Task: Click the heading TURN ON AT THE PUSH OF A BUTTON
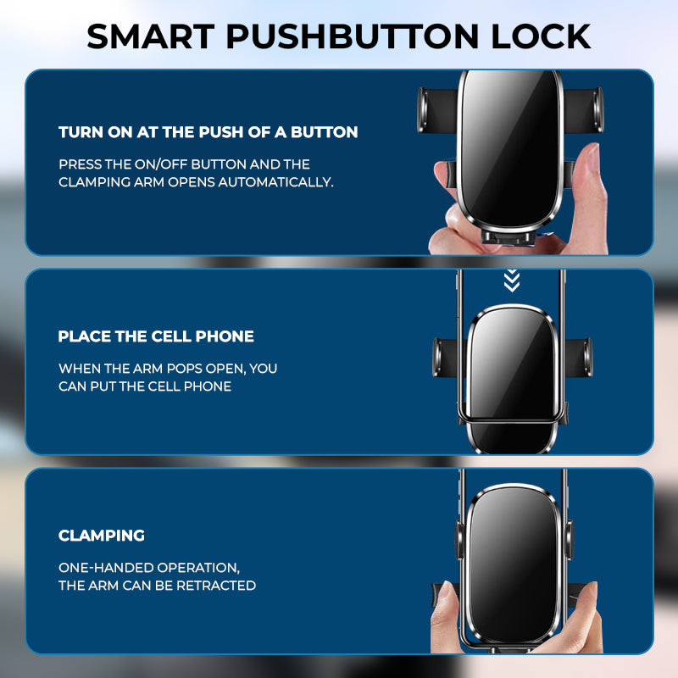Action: pos(208,132)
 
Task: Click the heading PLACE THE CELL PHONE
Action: pos(156,336)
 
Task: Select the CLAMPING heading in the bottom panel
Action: pos(102,536)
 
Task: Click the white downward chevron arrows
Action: pos(511,281)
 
